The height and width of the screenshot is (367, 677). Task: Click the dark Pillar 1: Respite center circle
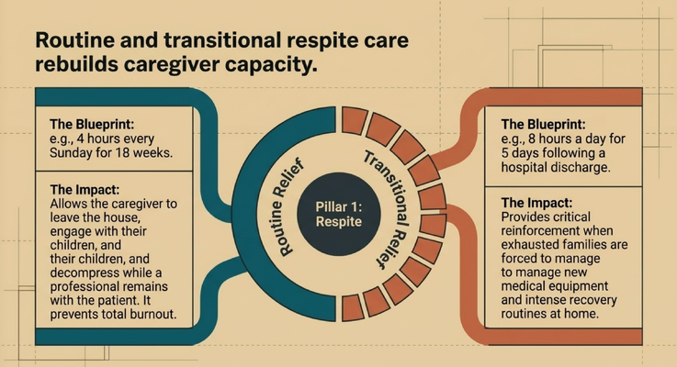point(339,214)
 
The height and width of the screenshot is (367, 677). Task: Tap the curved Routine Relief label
point(288,207)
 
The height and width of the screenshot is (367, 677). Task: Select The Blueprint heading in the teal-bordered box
point(92,124)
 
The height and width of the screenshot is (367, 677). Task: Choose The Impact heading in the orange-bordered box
point(536,203)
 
